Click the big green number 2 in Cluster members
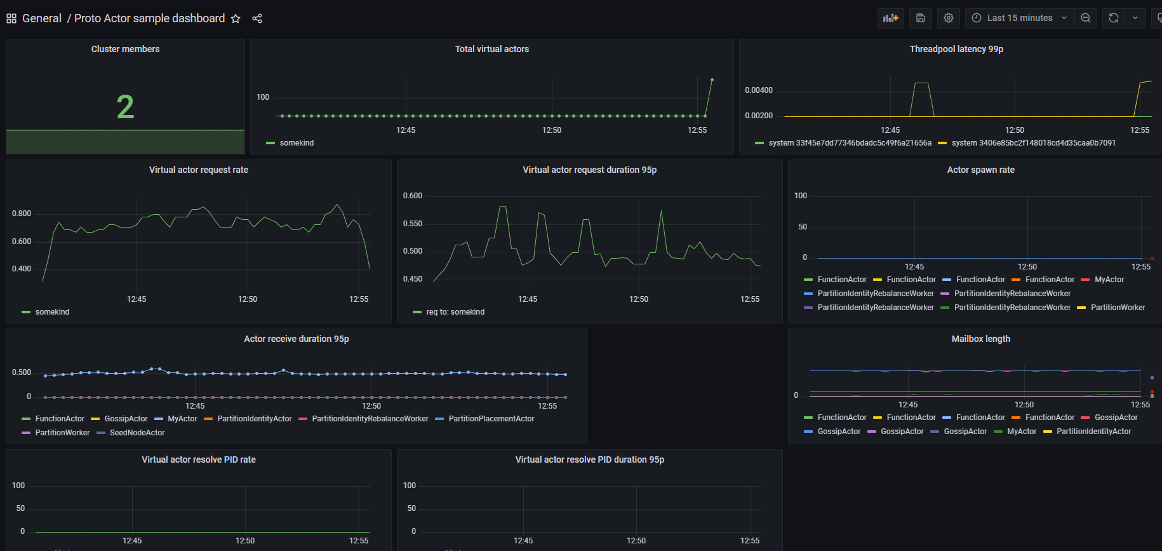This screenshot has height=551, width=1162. click(x=125, y=107)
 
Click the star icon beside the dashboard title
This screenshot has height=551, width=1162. click(x=236, y=18)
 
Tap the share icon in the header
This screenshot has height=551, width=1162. click(x=257, y=18)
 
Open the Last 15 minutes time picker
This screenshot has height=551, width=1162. click(x=1019, y=18)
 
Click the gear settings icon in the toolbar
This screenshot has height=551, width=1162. click(x=949, y=18)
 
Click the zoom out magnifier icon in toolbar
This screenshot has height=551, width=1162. click(x=1086, y=18)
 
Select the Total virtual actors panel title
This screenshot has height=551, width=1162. click(x=491, y=49)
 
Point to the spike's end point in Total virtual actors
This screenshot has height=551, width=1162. click(x=712, y=80)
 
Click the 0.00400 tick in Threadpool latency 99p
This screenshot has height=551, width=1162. click(x=759, y=90)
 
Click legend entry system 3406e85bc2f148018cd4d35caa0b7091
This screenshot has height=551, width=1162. click(x=1033, y=143)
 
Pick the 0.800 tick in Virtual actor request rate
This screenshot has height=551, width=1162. click(x=22, y=214)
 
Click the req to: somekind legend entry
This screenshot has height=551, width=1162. click(x=455, y=312)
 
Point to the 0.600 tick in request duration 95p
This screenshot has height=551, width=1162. click(x=413, y=196)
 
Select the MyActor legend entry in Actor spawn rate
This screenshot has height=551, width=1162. click(x=1109, y=280)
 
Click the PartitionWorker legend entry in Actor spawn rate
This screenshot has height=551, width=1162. click(x=1118, y=308)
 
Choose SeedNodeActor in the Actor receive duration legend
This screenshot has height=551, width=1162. click(x=137, y=433)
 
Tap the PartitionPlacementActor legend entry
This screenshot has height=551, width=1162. click(x=491, y=419)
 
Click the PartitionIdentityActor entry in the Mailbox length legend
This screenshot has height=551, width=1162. click(x=1093, y=432)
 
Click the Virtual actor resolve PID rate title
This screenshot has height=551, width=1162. click(x=199, y=459)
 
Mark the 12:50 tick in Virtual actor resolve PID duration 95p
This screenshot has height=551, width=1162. click(x=636, y=541)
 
